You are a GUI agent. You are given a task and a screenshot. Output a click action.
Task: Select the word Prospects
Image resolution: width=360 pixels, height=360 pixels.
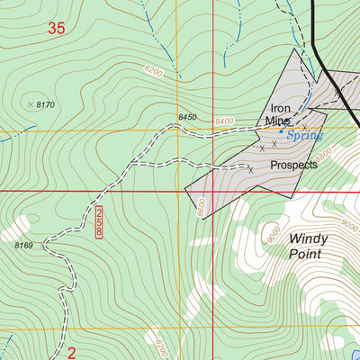click(x=293, y=166)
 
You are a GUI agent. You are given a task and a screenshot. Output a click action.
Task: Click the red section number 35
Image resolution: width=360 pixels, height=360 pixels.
click(x=56, y=29)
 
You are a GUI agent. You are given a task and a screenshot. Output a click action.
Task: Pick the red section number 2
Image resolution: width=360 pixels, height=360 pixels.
click(x=71, y=353)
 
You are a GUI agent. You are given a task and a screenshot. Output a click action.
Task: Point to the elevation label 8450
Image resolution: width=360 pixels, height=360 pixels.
click(x=187, y=117)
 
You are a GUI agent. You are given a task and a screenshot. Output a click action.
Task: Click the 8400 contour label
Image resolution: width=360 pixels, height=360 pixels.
click(x=224, y=121)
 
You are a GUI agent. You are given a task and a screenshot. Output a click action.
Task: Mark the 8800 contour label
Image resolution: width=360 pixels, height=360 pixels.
click(x=324, y=154)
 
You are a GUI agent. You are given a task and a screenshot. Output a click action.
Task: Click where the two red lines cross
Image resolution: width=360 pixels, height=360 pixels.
click(x=211, y=191)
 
